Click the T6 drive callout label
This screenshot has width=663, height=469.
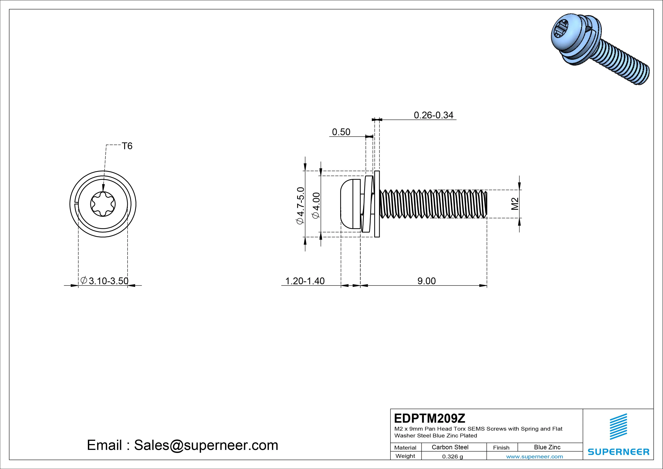pyautogui.click(x=127, y=146)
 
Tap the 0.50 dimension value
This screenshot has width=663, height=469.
pyautogui.click(x=341, y=132)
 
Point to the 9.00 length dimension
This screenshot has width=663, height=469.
pyautogui.click(x=427, y=281)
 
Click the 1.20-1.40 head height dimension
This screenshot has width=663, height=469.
pyautogui.click(x=305, y=281)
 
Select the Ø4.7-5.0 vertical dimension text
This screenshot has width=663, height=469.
pyautogui.click(x=300, y=205)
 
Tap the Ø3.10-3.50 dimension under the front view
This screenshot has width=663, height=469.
pyautogui.click(x=105, y=281)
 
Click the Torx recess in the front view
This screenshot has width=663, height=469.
pyautogui.click(x=103, y=204)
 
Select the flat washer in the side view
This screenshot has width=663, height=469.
pyautogui.click(x=377, y=204)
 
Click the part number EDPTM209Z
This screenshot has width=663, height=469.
pyautogui.click(x=429, y=418)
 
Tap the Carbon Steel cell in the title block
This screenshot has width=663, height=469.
pyautogui.click(x=450, y=447)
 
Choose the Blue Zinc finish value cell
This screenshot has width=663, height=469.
pyautogui.click(x=547, y=447)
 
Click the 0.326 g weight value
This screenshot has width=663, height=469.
pyautogui.click(x=452, y=457)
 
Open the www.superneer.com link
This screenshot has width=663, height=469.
pyautogui.click(x=534, y=457)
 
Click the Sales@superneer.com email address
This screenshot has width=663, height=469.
pyautogui.click(x=206, y=445)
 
